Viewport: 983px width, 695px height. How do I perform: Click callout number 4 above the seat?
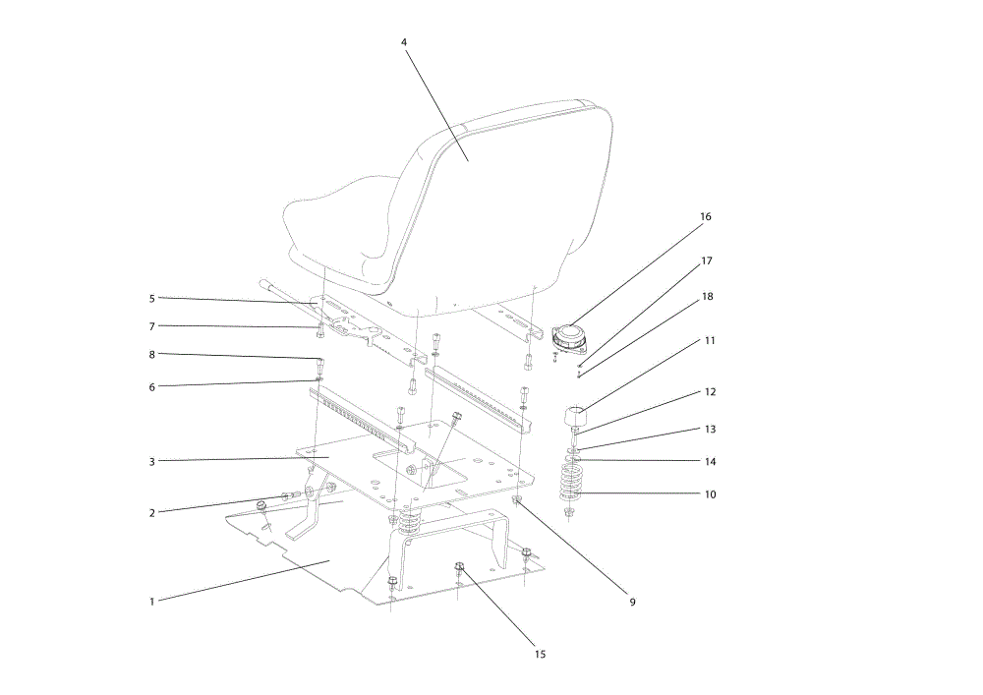tap(404, 42)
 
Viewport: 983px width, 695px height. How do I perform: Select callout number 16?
tap(705, 217)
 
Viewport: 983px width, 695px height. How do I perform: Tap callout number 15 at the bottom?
tap(540, 655)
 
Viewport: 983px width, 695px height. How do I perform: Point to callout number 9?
tap(632, 602)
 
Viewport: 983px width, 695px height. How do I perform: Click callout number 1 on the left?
tap(151, 602)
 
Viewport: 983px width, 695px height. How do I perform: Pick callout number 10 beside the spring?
tap(710, 494)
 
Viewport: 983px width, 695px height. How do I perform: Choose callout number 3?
tap(151, 462)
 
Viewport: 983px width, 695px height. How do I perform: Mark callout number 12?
tap(710, 392)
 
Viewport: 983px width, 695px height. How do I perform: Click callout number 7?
tap(151, 326)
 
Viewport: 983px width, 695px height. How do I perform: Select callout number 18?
tap(707, 297)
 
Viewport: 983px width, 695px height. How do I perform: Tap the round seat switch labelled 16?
tap(570, 338)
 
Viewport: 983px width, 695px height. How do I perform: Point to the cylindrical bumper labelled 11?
tap(577, 416)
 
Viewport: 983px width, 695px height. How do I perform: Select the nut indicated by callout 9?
tap(517, 500)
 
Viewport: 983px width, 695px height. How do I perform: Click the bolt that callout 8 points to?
tap(319, 365)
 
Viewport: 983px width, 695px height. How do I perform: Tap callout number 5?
tap(151, 299)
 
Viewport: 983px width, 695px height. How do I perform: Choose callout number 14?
tap(710, 462)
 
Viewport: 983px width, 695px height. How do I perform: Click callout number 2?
tap(151, 513)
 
